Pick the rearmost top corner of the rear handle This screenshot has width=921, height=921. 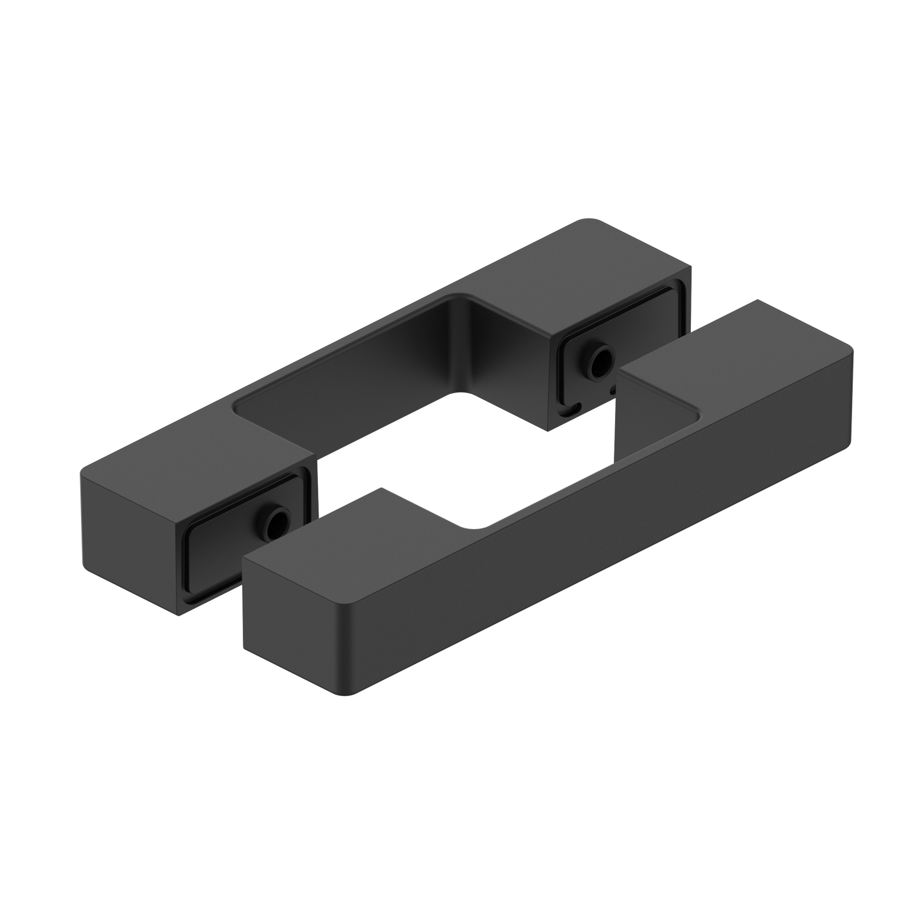tap(583, 218)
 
